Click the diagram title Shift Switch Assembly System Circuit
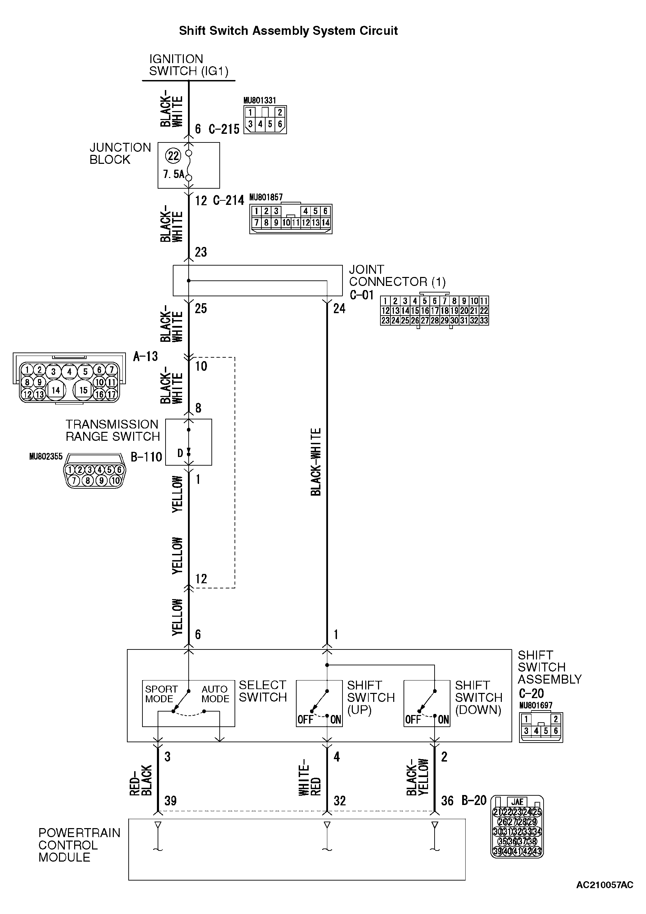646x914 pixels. [288, 31]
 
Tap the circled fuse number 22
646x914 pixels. [173, 155]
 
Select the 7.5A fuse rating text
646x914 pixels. [173, 174]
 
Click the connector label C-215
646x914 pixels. [224, 129]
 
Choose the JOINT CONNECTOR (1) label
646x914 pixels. [397, 276]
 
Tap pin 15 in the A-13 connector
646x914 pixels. [83, 390]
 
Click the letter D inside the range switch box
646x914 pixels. [180, 453]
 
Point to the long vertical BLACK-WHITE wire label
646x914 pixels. [316, 462]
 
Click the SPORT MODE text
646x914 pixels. [161, 694]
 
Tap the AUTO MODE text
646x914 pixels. [215, 694]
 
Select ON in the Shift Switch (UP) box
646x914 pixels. [336, 719]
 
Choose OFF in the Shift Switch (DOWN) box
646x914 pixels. [413, 719]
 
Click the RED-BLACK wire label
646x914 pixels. [141, 780]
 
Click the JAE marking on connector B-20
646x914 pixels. [517, 802]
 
